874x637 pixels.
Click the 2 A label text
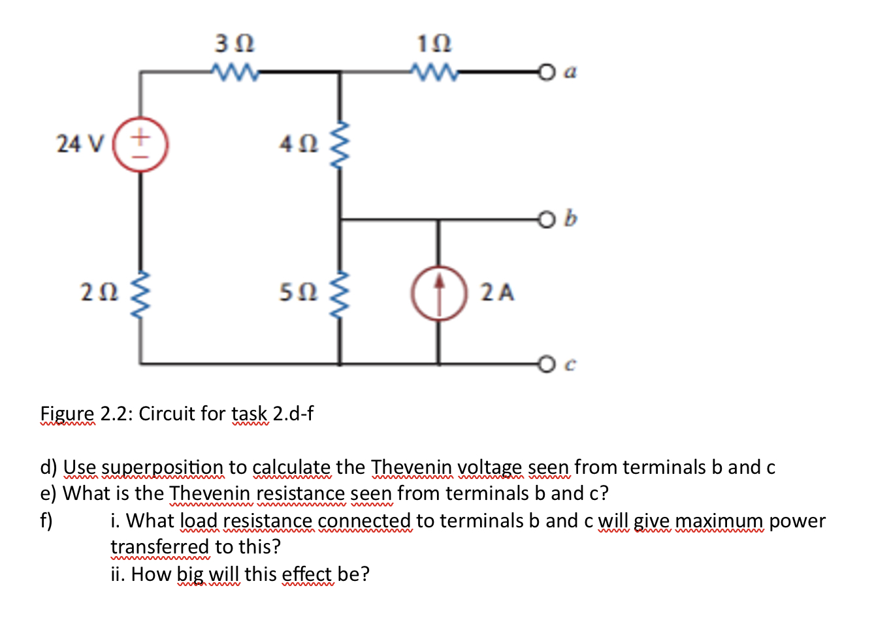[498, 292]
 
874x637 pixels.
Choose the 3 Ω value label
[234, 44]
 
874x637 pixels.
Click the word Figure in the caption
[67, 414]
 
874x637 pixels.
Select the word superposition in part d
[163, 467]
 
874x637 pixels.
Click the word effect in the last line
[307, 574]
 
